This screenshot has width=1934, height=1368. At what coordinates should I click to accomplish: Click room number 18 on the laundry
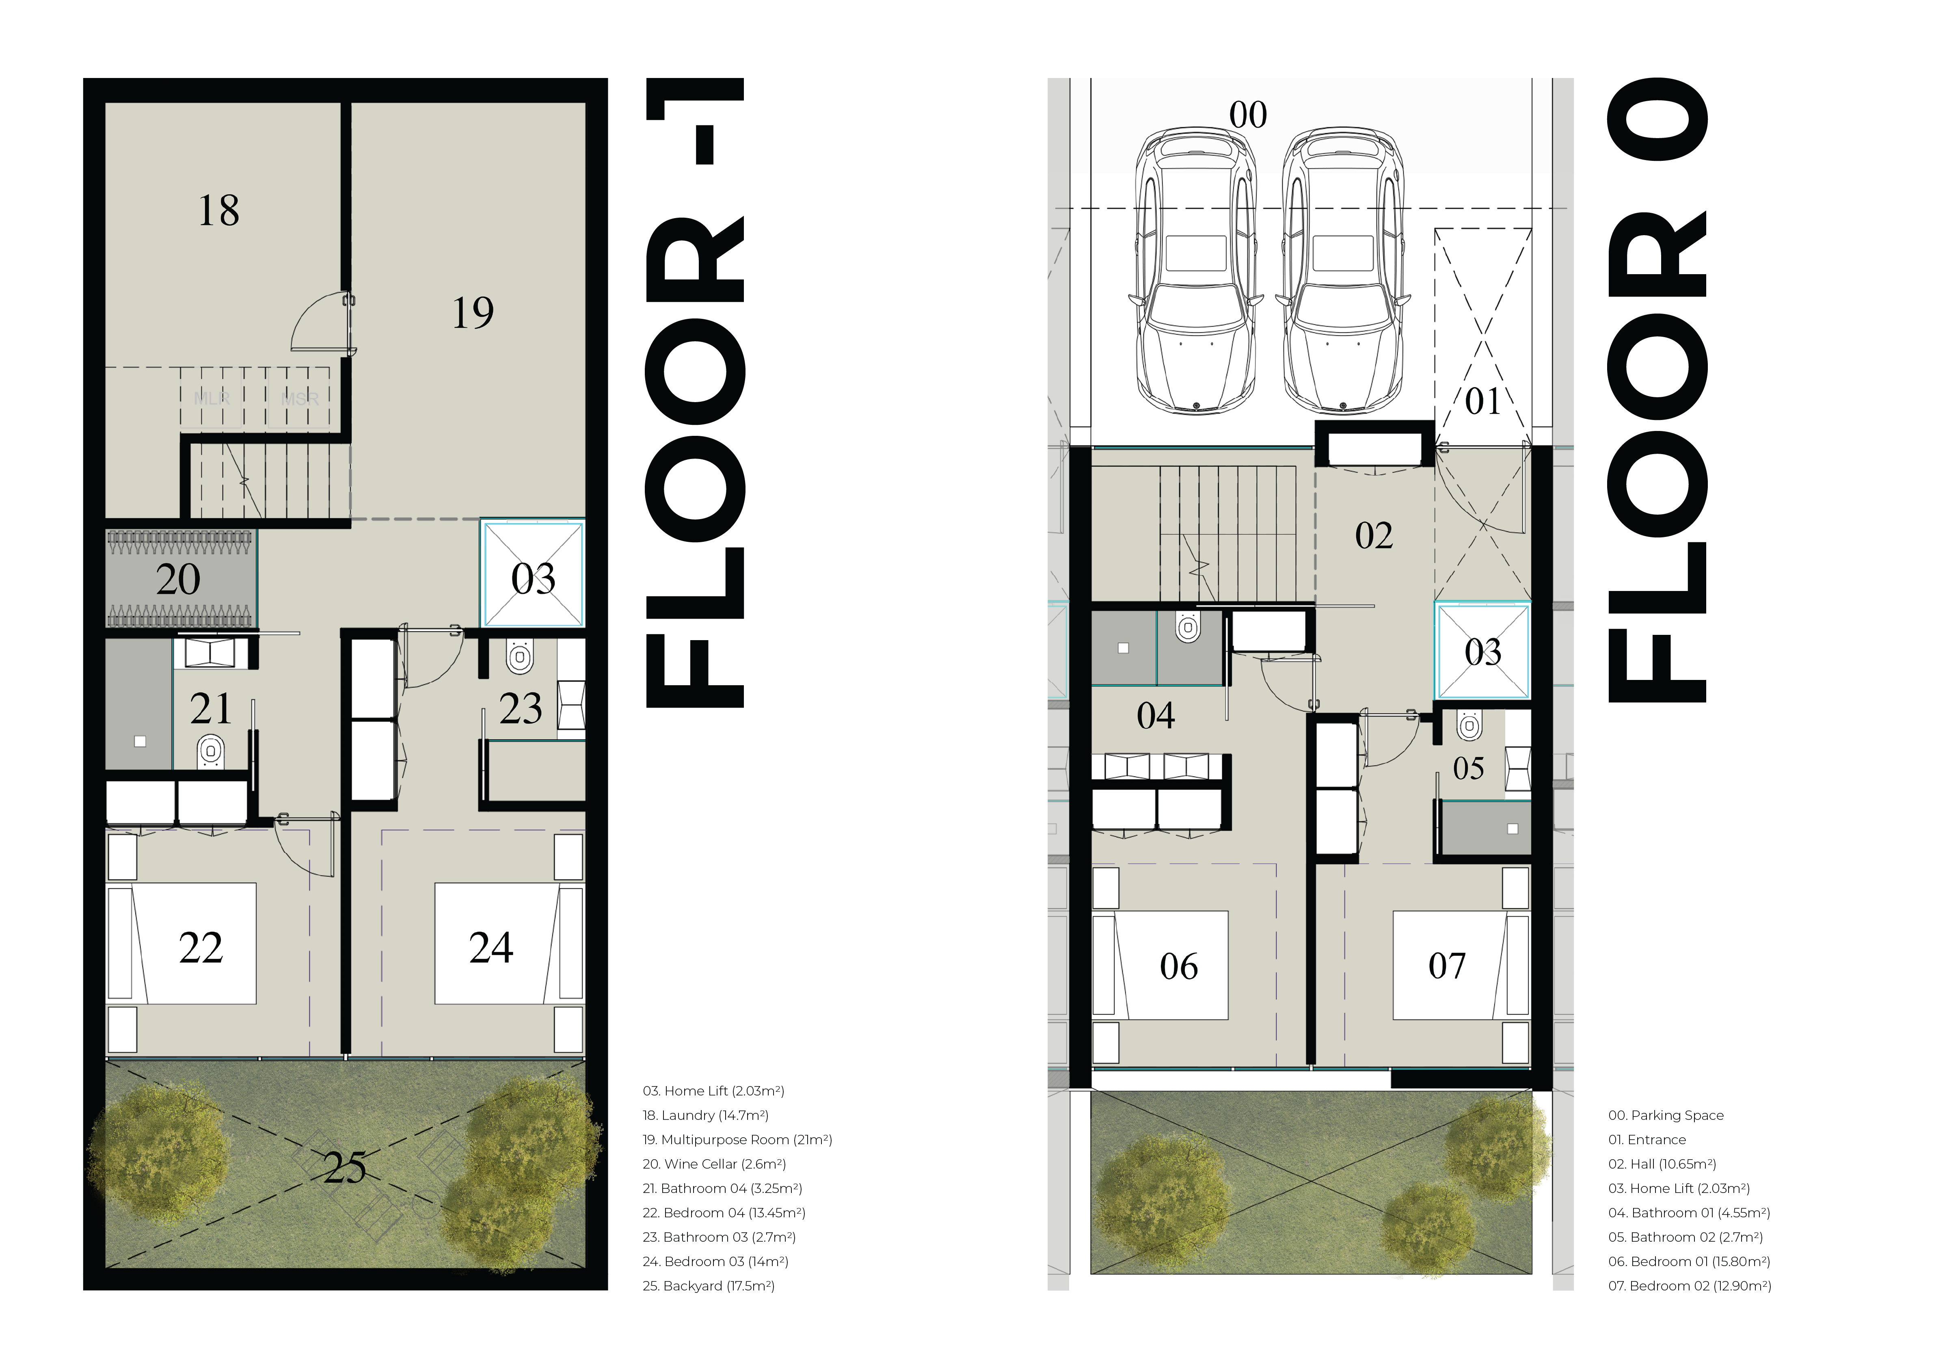218,210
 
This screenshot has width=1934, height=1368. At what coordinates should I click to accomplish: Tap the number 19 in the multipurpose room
473,312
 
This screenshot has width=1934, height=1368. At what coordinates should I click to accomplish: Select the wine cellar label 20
178,580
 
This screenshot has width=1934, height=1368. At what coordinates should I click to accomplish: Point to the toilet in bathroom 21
211,751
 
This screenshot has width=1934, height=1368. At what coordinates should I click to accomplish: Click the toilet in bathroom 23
520,656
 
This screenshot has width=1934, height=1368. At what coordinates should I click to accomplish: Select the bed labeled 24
509,944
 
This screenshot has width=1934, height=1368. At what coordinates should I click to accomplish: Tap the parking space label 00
1247,115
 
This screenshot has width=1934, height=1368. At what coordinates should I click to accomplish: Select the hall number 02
1374,536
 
